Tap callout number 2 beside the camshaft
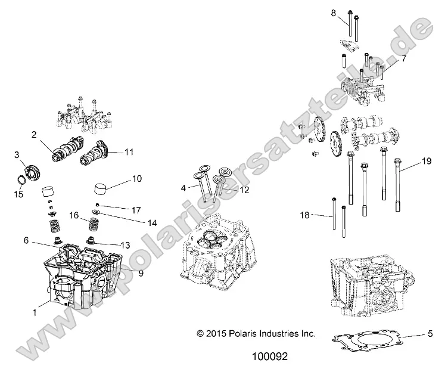[35, 135]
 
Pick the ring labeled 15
[20, 181]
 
